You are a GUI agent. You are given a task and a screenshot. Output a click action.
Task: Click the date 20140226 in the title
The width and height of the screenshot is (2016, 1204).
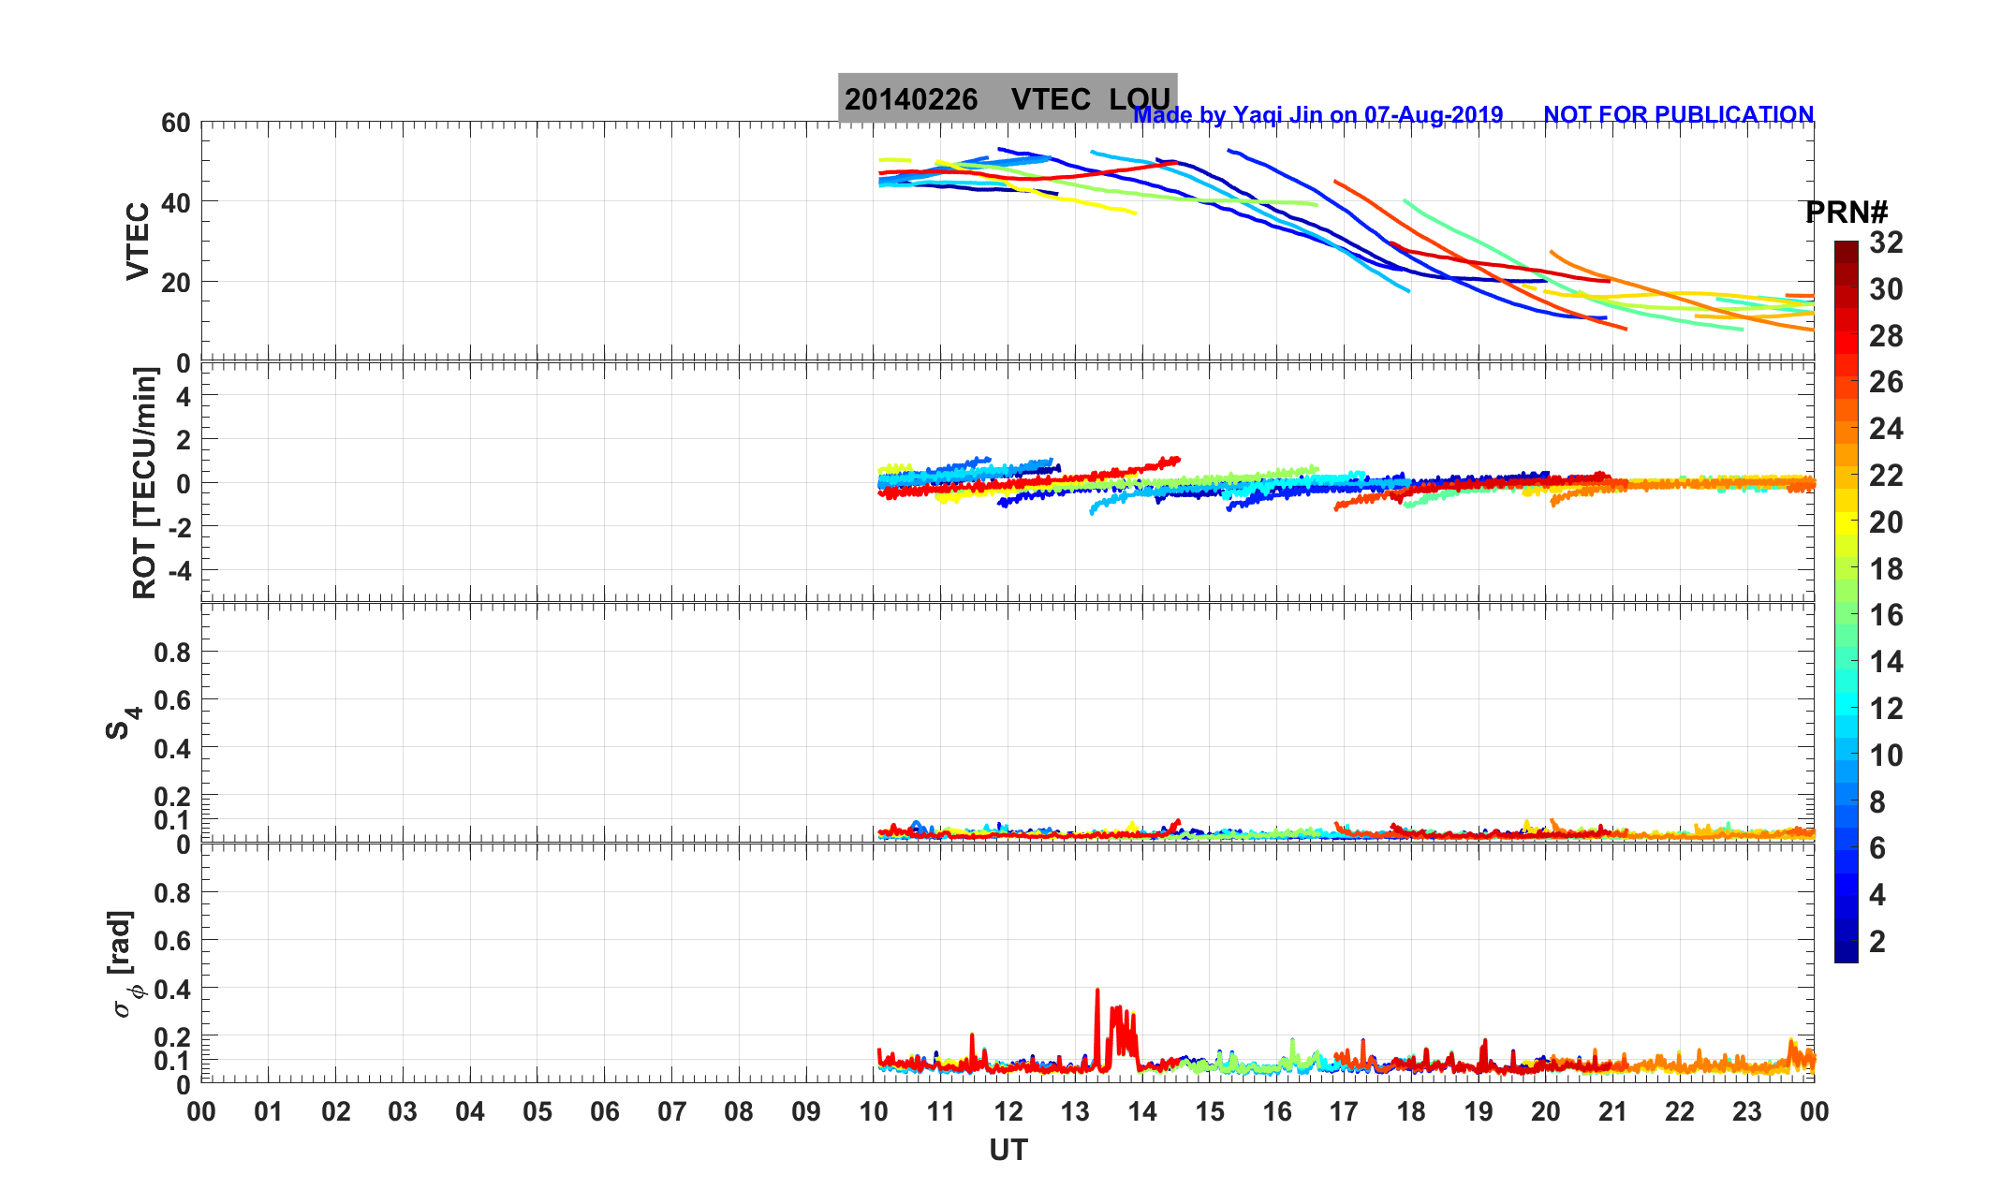click(911, 99)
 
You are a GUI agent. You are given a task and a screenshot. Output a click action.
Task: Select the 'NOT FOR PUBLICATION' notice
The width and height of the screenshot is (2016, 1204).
click(1678, 114)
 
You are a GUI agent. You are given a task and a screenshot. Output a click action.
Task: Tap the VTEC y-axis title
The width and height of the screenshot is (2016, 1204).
click(138, 241)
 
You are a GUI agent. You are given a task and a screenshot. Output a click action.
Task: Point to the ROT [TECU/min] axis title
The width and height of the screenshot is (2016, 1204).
click(144, 483)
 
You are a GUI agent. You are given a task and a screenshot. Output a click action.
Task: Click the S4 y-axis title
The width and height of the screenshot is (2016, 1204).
click(122, 722)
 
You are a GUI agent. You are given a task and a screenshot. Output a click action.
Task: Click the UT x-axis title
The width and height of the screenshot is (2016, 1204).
click(1008, 1150)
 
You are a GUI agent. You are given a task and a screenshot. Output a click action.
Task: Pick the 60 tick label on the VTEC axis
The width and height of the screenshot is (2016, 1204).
click(175, 123)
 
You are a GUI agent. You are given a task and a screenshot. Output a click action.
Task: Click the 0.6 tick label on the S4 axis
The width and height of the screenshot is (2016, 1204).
click(171, 700)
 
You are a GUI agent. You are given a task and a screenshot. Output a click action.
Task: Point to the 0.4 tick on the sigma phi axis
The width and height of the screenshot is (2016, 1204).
click(171, 989)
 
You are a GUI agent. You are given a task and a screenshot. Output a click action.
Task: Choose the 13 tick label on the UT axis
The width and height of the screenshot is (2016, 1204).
click(1075, 1112)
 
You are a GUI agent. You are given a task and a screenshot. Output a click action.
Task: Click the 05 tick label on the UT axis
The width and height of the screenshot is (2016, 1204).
click(537, 1112)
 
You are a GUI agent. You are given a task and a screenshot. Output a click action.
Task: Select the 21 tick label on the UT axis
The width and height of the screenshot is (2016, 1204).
click(1612, 1112)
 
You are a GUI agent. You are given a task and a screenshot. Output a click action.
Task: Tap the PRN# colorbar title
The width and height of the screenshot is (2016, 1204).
click(1846, 213)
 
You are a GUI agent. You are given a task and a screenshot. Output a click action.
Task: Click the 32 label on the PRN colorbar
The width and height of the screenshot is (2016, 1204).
click(1886, 242)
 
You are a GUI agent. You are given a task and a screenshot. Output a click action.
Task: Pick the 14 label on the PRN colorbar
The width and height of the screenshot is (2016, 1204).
click(1886, 662)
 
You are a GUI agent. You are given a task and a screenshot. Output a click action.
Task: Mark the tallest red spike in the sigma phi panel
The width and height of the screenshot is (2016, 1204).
click(1097, 991)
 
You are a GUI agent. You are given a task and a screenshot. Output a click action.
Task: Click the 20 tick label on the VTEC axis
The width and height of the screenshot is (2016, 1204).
click(175, 282)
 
